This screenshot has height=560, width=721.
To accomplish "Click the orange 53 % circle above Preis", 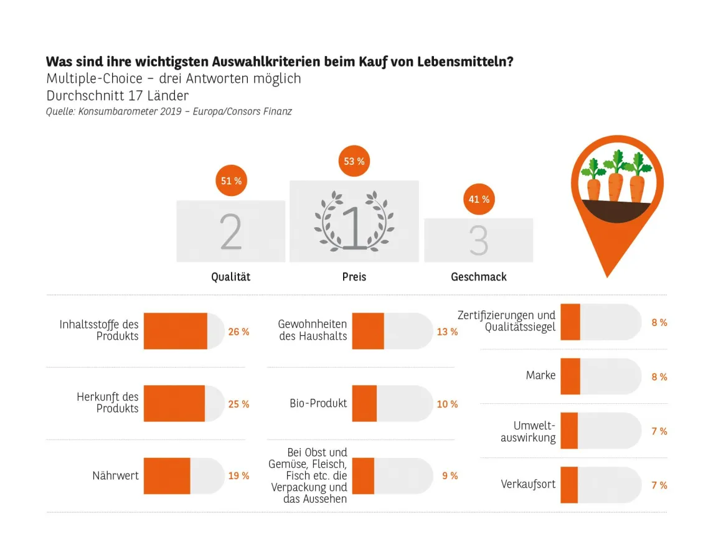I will pyautogui.click(x=354, y=161).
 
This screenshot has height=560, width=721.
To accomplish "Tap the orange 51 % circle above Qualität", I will pyautogui.click(x=231, y=181).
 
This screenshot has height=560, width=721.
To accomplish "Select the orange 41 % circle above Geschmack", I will pyautogui.click(x=478, y=199).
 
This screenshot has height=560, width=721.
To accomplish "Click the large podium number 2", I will pyautogui.click(x=231, y=233).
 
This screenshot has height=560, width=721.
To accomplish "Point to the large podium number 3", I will pyautogui.click(x=478, y=241).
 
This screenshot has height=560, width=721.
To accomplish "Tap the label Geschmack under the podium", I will pyautogui.click(x=478, y=277).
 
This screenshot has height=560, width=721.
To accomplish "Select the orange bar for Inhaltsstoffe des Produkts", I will pyautogui.click(x=176, y=331).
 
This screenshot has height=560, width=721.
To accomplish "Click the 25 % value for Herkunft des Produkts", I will pyautogui.click(x=238, y=404).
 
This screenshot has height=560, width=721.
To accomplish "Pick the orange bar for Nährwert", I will pyautogui.click(x=167, y=476).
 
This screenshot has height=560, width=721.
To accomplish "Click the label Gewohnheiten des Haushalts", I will pyautogui.click(x=313, y=330).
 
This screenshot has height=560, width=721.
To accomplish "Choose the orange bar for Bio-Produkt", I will pyautogui.click(x=364, y=403).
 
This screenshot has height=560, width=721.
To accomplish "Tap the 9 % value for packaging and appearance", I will pyautogui.click(x=450, y=476).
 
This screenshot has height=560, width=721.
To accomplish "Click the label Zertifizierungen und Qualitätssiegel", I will pyautogui.click(x=506, y=321).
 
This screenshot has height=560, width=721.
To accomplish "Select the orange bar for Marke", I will pyautogui.click(x=570, y=376).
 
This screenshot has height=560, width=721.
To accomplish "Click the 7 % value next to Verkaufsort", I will pyautogui.click(x=659, y=485).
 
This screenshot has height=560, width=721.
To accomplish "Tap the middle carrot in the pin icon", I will pyautogui.click(x=615, y=180).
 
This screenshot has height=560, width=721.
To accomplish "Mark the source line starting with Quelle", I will pyautogui.click(x=169, y=112).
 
